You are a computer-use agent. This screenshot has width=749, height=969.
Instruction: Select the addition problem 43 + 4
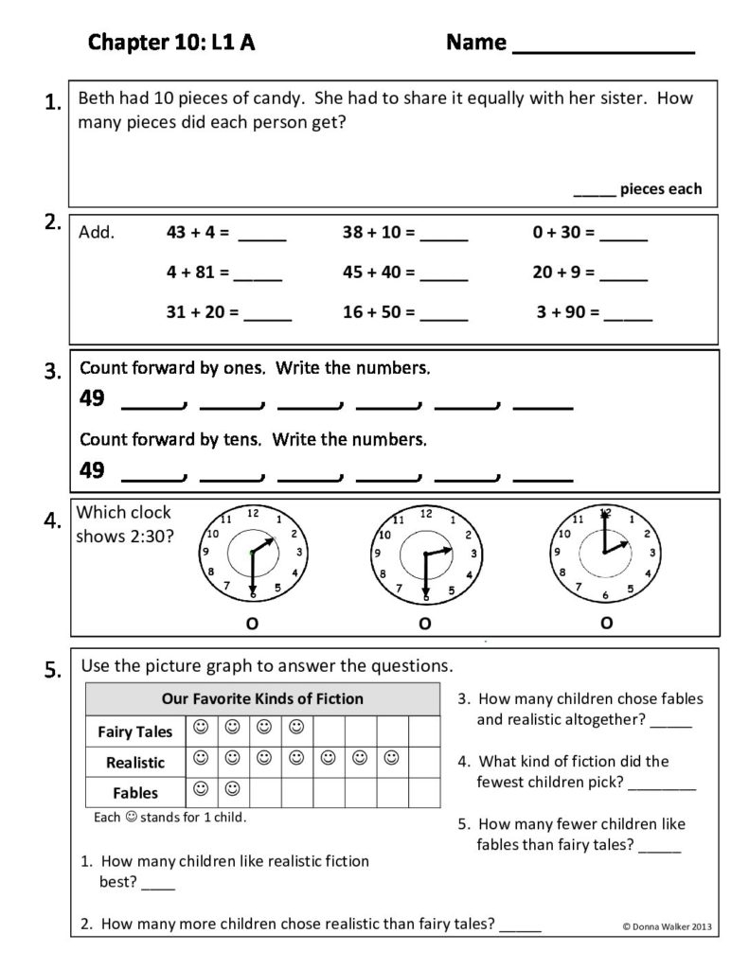coord(198,232)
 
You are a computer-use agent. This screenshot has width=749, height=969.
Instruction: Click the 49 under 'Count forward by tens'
coord(92,469)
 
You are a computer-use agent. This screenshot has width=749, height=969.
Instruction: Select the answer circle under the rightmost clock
coord(606,622)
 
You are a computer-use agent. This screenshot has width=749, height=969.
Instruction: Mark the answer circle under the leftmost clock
coord(251,622)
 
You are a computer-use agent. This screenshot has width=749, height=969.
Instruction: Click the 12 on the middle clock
coord(426,514)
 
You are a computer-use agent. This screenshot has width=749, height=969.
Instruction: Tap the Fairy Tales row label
coord(134,731)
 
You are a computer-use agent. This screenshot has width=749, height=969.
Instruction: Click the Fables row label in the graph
coord(134,793)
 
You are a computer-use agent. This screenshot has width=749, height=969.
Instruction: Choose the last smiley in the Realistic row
coord(392,758)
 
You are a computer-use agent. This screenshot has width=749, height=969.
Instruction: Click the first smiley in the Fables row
coord(200,788)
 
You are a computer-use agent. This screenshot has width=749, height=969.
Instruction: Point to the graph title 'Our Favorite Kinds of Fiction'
coord(262,699)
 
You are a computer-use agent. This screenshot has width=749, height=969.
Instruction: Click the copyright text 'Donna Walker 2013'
coord(669,926)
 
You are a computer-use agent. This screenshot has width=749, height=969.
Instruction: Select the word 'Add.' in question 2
coord(98,232)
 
